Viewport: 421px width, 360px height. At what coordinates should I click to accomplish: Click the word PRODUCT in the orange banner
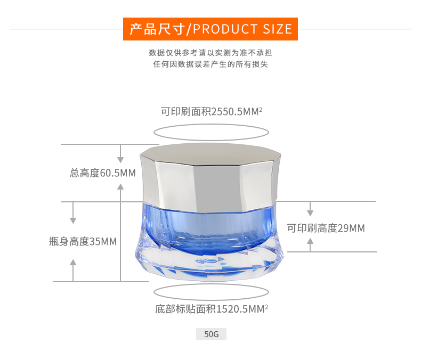[x=225, y=29]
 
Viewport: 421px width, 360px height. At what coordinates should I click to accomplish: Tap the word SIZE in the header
[x=277, y=29]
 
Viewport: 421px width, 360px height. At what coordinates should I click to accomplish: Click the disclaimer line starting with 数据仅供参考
[x=210, y=53]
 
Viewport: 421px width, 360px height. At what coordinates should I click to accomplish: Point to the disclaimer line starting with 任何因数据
[x=210, y=64]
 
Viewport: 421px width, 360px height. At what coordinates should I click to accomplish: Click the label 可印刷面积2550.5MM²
[x=212, y=111]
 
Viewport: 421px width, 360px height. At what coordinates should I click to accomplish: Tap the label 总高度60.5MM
[x=103, y=173]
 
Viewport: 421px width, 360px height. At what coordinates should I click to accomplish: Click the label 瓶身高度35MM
[x=83, y=241]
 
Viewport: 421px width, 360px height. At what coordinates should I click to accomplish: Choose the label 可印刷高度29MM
[x=326, y=228]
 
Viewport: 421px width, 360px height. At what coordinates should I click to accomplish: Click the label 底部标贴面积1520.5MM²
[x=212, y=309]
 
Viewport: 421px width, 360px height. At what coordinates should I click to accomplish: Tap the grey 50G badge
[x=212, y=334]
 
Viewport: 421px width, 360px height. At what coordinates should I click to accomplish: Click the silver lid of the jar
[x=210, y=177]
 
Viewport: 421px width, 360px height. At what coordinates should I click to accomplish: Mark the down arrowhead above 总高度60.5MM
[x=120, y=160]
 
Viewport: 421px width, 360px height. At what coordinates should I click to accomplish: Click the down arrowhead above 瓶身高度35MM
[x=73, y=220]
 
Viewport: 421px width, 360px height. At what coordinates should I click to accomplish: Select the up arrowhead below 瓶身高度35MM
[x=73, y=263]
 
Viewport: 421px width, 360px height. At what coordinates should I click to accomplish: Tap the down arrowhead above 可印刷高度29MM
[x=310, y=213]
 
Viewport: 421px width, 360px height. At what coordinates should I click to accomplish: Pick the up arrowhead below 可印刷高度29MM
[x=310, y=241]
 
